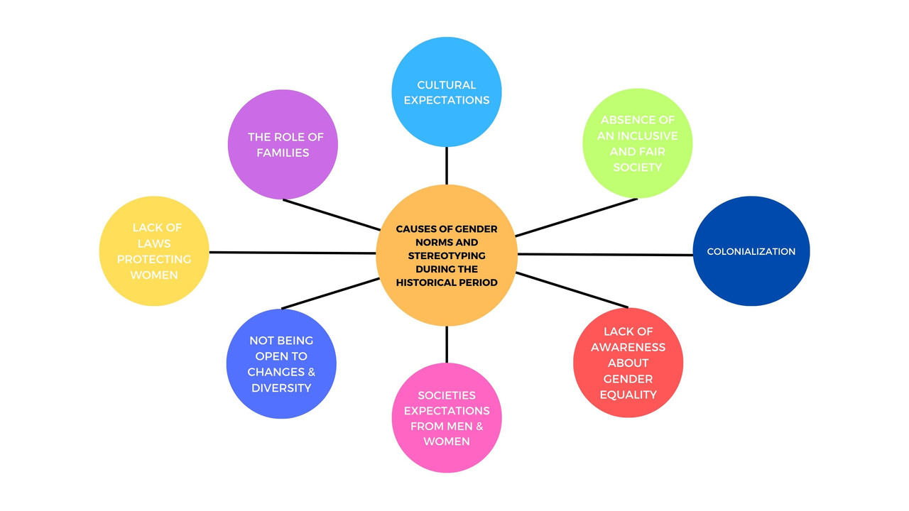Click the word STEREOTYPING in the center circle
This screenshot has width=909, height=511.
[x=447, y=255]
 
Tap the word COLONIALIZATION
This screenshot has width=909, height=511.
[x=751, y=251]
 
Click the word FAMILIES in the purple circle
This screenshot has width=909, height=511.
[x=283, y=153]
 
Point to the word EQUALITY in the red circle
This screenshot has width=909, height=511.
[x=628, y=395]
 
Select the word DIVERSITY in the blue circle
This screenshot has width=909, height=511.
[x=281, y=388]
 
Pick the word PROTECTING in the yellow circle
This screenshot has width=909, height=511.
[x=154, y=259]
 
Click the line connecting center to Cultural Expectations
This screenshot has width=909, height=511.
[x=447, y=166]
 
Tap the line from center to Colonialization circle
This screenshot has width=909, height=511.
[x=604, y=254]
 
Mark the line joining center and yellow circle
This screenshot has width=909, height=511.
[x=291, y=253]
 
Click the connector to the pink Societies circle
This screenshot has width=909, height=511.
[x=447, y=344]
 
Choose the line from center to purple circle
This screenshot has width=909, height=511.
[x=331, y=214]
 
